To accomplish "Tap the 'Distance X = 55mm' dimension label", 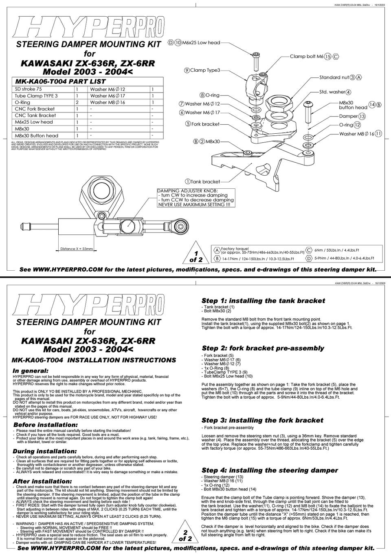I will [x=77, y=249].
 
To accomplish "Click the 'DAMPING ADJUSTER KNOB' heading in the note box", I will [x=187, y=190].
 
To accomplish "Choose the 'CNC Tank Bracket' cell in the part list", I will [x=35, y=115].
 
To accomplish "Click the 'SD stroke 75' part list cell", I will [x=28, y=89].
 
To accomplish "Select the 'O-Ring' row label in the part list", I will [x=22, y=102].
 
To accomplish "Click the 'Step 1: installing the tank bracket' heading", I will [x=263, y=301].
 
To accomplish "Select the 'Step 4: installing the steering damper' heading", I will [x=270, y=470].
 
